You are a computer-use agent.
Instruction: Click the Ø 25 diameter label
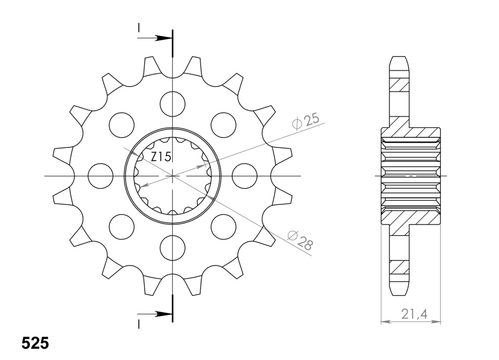click(x=305, y=122)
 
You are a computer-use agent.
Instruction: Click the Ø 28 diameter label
click(x=300, y=241)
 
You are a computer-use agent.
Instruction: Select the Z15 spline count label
click(x=161, y=157)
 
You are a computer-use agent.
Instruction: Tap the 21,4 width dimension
click(x=414, y=314)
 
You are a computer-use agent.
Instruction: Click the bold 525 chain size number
click(x=35, y=343)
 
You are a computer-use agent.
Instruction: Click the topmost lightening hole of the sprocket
click(x=173, y=104)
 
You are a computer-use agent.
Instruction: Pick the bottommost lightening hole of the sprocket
click(x=173, y=248)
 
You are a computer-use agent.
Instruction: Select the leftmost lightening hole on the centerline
click(x=101, y=176)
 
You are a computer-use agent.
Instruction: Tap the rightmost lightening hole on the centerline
click(x=244, y=176)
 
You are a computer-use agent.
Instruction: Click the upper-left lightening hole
click(x=122, y=125)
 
